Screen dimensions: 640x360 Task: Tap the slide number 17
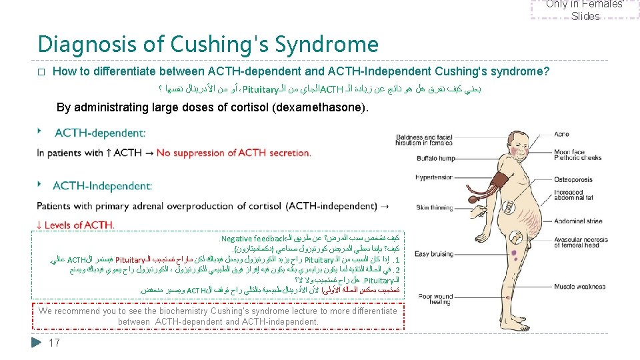point(55,343)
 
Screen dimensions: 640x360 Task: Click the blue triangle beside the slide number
point(37,343)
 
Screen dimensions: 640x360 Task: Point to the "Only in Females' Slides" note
point(585,9)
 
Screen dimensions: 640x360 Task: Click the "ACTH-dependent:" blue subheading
point(100,134)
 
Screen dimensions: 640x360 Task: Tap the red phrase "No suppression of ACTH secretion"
point(234,153)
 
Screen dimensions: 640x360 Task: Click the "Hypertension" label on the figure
point(435,177)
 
